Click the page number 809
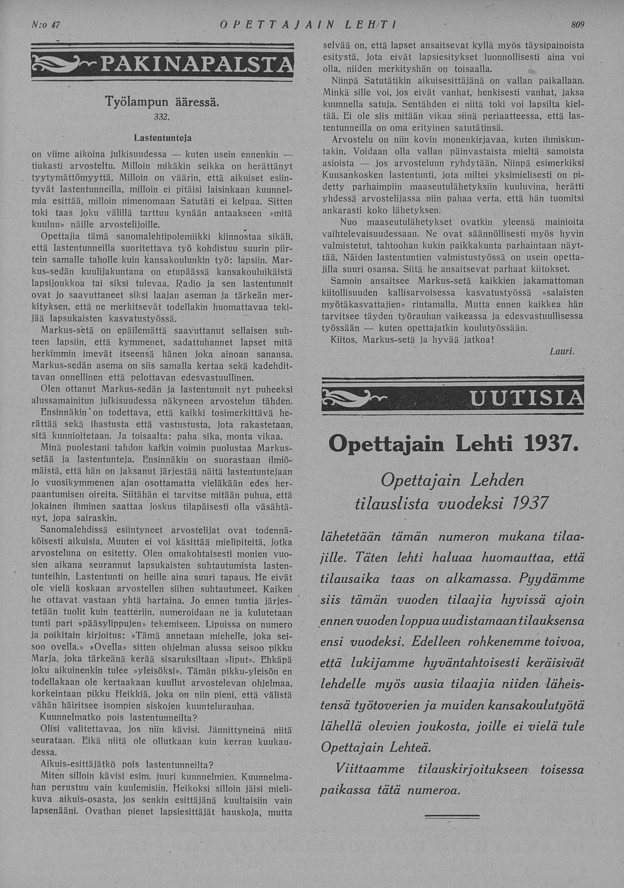click(x=577, y=25)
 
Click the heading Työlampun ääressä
click(x=163, y=102)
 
